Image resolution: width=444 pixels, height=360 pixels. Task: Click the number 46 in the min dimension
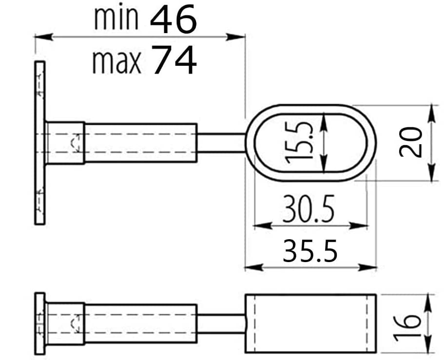(174, 19)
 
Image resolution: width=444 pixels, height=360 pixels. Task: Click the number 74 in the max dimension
(174, 60)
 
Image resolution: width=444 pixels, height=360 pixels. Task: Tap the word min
(116, 19)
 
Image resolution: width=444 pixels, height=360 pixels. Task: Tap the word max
(116, 62)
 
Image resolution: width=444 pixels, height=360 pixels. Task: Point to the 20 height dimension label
(410, 142)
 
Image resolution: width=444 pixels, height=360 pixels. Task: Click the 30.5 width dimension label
(309, 208)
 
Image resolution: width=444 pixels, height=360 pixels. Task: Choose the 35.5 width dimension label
(310, 251)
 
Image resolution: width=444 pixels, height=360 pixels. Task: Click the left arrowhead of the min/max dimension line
(43, 37)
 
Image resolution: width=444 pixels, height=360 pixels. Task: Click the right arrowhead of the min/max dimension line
(235, 37)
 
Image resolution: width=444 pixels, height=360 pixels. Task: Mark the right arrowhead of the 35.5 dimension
(367, 267)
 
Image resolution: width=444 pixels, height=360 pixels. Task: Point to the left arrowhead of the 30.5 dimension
(263, 226)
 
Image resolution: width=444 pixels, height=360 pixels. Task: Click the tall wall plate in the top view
(40, 143)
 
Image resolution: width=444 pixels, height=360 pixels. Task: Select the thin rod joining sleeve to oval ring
(221, 143)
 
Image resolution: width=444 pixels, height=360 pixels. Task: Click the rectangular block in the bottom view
(310, 323)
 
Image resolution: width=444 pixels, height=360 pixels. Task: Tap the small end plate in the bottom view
(40, 323)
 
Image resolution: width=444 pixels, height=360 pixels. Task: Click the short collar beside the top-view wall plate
(65, 143)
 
